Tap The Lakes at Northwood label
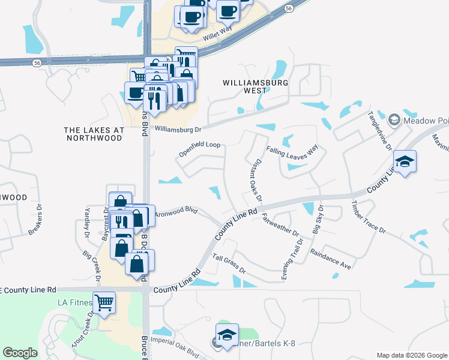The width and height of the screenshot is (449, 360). [94, 134]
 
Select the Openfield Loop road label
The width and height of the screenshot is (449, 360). [200, 149]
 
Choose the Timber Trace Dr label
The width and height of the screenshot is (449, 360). [369, 217]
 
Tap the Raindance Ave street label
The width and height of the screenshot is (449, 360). [331, 257]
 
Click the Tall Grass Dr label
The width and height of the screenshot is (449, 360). [230, 264]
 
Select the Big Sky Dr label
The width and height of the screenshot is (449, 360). [318, 220]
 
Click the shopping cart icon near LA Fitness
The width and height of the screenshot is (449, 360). [104, 302]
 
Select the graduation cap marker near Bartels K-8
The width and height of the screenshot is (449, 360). [228, 335]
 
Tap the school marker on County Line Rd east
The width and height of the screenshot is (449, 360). [405, 161]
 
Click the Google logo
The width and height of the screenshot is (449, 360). [20, 353]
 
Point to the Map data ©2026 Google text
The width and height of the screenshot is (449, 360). [411, 355]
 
